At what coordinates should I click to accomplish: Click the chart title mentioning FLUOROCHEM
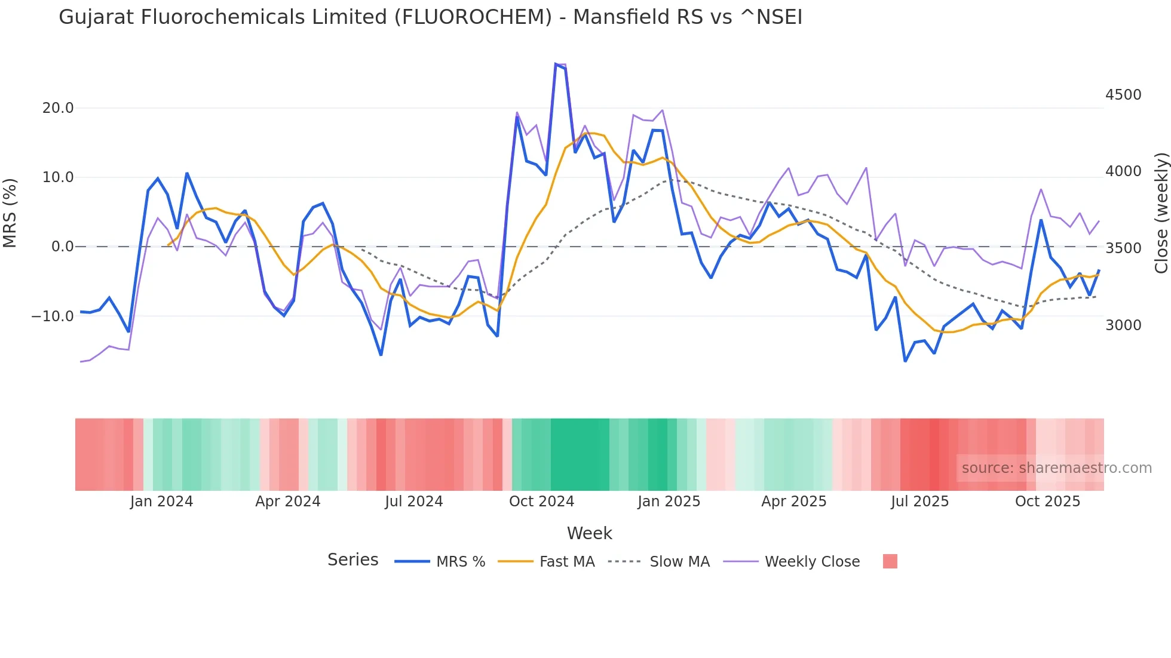point(430,17)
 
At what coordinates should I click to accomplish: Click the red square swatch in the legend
point(890,561)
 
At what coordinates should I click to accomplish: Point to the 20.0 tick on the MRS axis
point(58,108)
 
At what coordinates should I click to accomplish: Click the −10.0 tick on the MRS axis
point(53,316)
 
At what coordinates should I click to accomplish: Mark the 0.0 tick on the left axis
point(63,247)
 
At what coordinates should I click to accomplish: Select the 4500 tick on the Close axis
point(1123,95)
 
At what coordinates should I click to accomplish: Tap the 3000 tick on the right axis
point(1123,325)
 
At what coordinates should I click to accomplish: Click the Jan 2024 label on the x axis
point(161,502)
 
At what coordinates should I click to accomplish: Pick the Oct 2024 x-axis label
point(541,502)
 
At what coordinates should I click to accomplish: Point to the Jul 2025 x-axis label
point(919,502)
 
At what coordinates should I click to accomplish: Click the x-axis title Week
point(589,533)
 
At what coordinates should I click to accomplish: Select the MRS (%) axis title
point(10,213)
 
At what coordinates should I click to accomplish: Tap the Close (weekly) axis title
point(1161,213)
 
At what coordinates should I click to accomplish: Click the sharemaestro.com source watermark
point(1056,468)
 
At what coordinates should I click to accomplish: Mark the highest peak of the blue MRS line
point(556,64)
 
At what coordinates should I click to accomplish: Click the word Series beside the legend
point(352,560)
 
